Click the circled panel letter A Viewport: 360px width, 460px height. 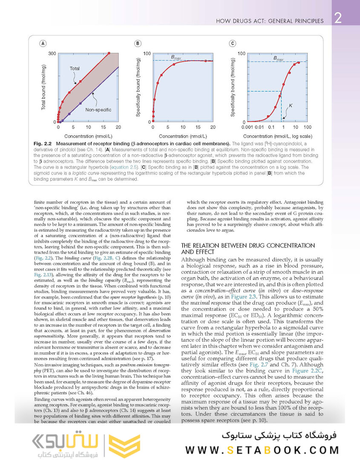coord(43,43)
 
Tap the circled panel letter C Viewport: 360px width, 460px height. coord(232,43)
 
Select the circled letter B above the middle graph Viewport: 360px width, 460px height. coord(138,43)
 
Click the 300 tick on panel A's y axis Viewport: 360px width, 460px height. coord(52,53)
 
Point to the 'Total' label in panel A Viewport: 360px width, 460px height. coord(75,68)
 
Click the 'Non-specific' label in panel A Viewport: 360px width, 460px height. coord(98,109)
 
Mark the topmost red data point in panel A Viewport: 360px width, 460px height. coord(109,53)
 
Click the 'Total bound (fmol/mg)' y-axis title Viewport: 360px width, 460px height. coord(43,87)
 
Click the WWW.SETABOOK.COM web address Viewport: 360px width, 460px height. coord(262,450)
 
